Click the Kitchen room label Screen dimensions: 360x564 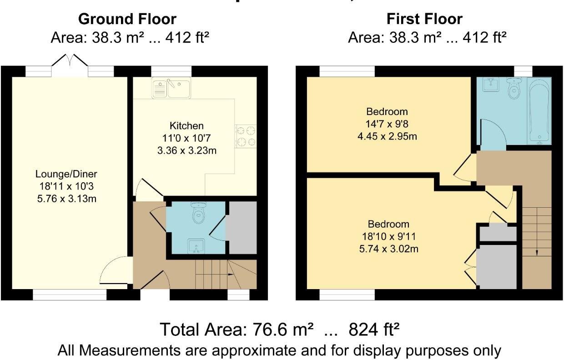[x=186, y=125]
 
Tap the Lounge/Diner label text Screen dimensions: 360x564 [x=66, y=174]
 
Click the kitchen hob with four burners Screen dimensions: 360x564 [x=246, y=136]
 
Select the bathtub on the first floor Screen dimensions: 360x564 [x=539, y=112]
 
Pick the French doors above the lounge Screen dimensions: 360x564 [x=70, y=61]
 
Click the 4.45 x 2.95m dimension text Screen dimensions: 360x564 [x=388, y=136]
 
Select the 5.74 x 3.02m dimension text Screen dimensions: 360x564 [x=388, y=249]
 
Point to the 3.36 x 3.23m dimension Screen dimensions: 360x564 [x=186, y=150]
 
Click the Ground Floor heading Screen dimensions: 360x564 [x=127, y=19]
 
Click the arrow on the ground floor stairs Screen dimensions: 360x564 [x=231, y=275]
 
